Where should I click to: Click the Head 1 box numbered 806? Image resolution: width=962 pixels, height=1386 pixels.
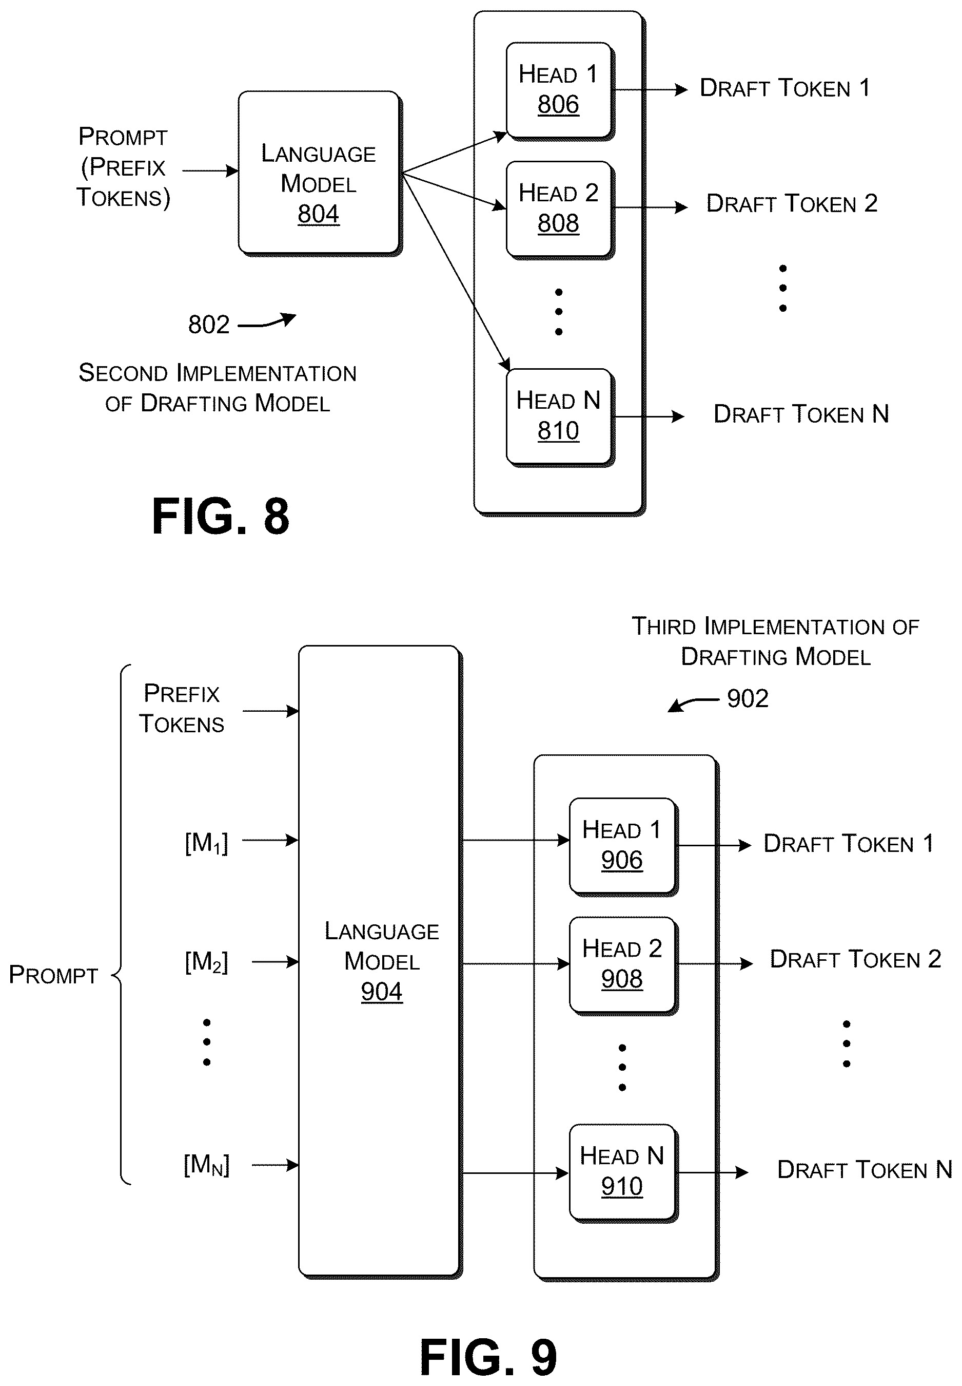(559, 90)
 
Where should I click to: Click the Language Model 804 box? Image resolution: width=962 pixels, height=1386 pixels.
(320, 173)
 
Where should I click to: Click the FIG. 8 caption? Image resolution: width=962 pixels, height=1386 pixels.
(221, 516)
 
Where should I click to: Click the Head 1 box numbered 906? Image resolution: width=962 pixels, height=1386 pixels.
(623, 846)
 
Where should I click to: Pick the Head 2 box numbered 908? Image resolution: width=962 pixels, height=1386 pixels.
(623, 964)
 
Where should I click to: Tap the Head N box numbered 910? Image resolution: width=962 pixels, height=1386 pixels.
(623, 1172)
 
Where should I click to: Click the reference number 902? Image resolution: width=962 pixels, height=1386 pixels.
(748, 698)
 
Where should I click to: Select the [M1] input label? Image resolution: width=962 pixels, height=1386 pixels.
(206, 843)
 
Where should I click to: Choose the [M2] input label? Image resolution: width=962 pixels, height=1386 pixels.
(206, 962)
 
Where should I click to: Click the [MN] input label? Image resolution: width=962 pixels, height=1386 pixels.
(206, 1165)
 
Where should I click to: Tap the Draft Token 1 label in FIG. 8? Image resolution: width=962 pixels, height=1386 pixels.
(785, 88)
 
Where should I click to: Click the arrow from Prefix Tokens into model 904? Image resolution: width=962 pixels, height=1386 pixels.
(270, 711)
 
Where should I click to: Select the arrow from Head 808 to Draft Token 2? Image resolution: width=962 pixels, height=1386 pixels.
(651, 207)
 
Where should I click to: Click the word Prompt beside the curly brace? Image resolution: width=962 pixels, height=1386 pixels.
(53, 975)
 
